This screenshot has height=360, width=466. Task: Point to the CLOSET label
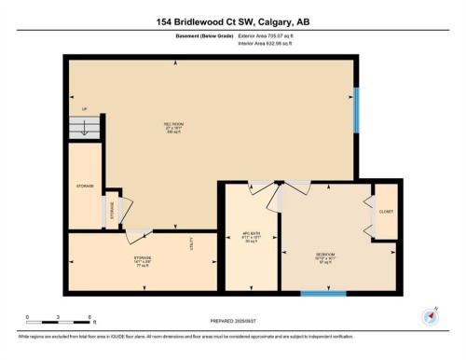point(385,212)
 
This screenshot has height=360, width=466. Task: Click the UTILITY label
point(191,244)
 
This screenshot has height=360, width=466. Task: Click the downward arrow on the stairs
point(83,131)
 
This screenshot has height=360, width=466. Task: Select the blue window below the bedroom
point(323,295)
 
